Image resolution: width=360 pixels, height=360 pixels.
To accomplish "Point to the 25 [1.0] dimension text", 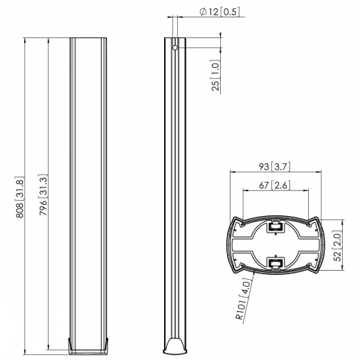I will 215,76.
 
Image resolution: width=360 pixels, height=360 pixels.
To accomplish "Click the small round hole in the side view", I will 175,48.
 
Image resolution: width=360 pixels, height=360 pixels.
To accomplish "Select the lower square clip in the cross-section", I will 276,262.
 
